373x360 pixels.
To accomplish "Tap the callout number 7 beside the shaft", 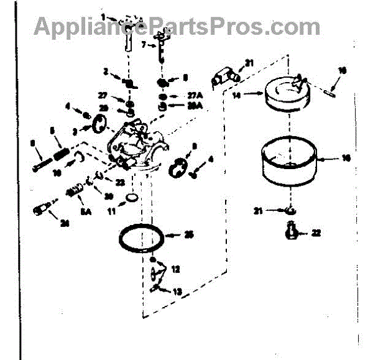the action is click(x=144, y=45).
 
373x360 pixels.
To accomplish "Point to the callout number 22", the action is click(x=316, y=233).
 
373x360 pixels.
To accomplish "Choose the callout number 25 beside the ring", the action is click(x=190, y=234).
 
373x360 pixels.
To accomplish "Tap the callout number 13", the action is click(x=178, y=291).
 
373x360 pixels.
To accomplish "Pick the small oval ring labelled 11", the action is click(x=132, y=198).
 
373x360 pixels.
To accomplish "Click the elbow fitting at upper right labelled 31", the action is click(x=224, y=77).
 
